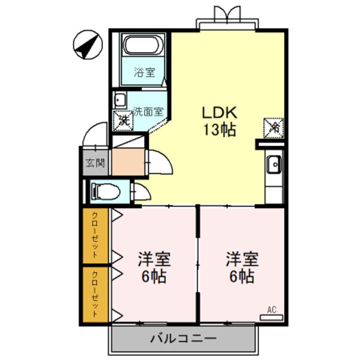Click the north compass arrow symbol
(x=87, y=44)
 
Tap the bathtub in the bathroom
(x=143, y=45)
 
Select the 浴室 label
(x=144, y=72)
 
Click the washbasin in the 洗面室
(x=119, y=100)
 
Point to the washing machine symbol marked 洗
(x=123, y=121)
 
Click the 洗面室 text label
(x=149, y=111)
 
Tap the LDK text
(x=219, y=112)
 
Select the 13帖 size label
(x=219, y=130)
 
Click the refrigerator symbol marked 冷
(x=273, y=128)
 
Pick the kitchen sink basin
(x=274, y=164)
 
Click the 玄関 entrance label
(x=95, y=163)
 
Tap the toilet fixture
(x=105, y=191)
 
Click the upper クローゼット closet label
(x=95, y=235)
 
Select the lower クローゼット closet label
(x=95, y=294)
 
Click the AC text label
(x=271, y=310)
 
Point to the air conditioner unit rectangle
(x=271, y=318)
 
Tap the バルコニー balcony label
(x=183, y=338)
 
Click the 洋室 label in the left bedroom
(x=154, y=259)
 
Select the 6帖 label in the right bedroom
(x=242, y=276)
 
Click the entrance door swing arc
(x=95, y=134)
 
